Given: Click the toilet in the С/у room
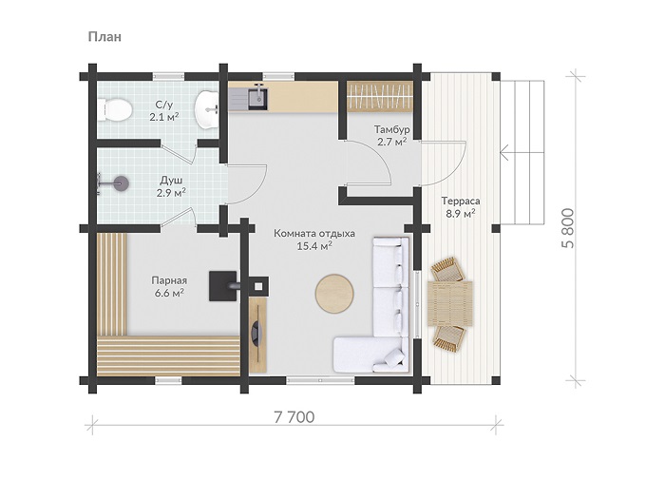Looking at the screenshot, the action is tap(115, 109).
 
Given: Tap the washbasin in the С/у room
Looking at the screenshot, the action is tap(206, 109).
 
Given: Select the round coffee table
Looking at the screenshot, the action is tap(334, 295).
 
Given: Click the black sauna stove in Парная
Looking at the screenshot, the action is tap(222, 286).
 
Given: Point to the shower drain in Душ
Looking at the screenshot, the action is tap(122, 183).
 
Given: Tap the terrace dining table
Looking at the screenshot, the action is tap(450, 303).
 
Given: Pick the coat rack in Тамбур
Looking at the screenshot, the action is tap(380, 96).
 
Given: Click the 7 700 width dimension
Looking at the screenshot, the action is tap(294, 417).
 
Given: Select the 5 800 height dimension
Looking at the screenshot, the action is tap(567, 228).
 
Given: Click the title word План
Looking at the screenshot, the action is tap(104, 37).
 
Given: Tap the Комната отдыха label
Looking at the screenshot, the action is tap(314, 234).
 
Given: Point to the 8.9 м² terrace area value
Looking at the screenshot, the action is tap(460, 214).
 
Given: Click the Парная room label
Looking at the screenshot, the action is tap(169, 280).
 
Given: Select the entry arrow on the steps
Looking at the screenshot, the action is tap(522, 152).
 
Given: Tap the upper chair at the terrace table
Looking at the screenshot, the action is tap(446, 269).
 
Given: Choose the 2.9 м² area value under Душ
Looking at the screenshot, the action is tap(171, 193).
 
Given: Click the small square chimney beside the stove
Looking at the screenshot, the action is tap(258, 286).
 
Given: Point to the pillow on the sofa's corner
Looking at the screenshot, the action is tap(395, 357).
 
